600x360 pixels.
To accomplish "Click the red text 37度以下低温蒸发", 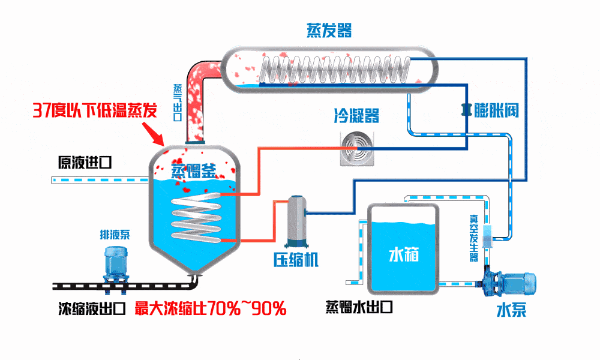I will coord(94,110).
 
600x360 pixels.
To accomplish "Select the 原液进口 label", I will coord(84,163).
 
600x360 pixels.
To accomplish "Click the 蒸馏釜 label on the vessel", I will coord(193,171).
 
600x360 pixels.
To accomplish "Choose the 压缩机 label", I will coord(296,260).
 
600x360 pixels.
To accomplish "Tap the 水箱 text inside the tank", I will coord(403,254).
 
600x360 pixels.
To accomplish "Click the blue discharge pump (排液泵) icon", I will coord(115,265).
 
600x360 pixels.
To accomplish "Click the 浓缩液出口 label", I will coord(91,309).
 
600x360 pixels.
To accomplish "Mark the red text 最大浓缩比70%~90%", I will coord(210,309).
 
